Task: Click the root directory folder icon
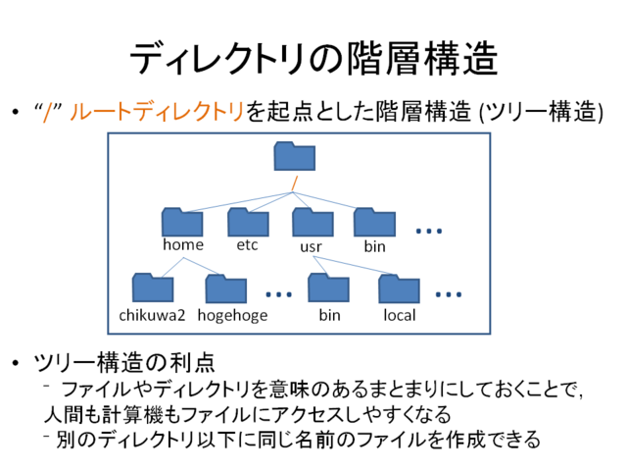pyautogui.click(x=295, y=156)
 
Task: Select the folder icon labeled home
pyautogui.click(x=182, y=223)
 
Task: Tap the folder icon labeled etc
pyautogui.click(x=248, y=223)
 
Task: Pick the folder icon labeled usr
pyautogui.click(x=313, y=223)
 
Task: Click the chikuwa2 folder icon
pyautogui.click(x=153, y=288)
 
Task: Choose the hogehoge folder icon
pyautogui.click(x=226, y=288)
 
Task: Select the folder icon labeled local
pyautogui.click(x=399, y=288)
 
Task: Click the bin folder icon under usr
pyautogui.click(x=329, y=288)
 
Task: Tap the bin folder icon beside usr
pyautogui.click(x=374, y=223)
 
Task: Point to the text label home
pyautogui.click(x=183, y=244)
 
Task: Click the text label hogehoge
pyautogui.click(x=232, y=316)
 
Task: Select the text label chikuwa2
pyautogui.click(x=152, y=315)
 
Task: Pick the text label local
pyautogui.click(x=400, y=315)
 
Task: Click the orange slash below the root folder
pyautogui.click(x=295, y=183)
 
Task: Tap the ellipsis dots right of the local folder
pyautogui.click(x=449, y=294)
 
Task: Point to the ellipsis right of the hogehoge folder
pyautogui.click(x=278, y=294)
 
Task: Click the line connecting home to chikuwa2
pyautogui.click(x=172, y=268)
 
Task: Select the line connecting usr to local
pyautogui.click(x=353, y=266)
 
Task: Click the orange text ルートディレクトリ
pyautogui.click(x=157, y=111)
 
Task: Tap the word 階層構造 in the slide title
pyautogui.click(x=422, y=59)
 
